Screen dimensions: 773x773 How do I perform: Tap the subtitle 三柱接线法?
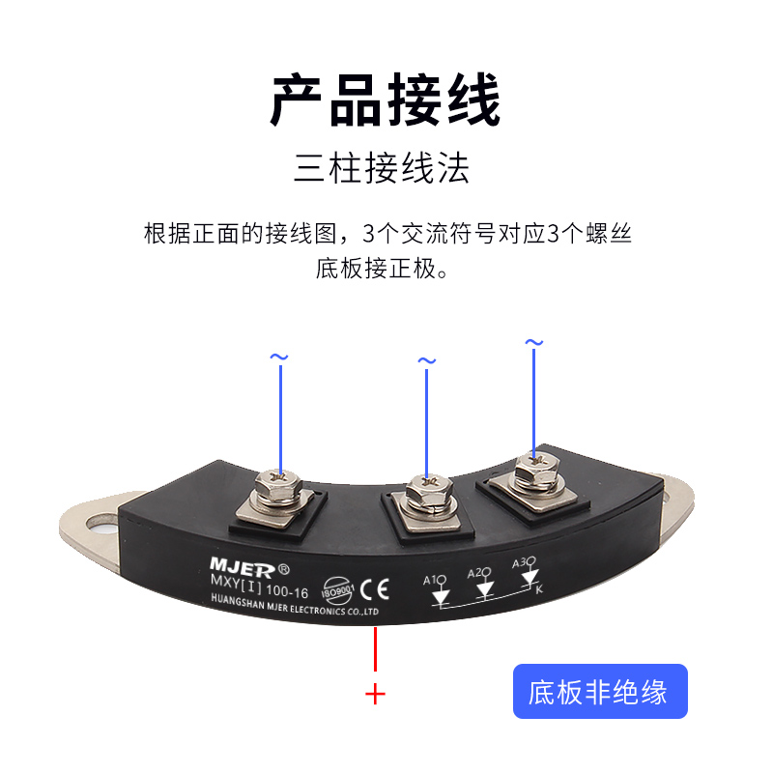coord(382,169)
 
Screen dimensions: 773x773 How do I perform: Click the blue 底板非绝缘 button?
coord(599,692)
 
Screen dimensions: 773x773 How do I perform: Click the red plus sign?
coord(375,694)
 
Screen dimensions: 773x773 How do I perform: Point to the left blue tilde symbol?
coord(278,358)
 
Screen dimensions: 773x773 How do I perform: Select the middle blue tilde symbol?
coord(426,361)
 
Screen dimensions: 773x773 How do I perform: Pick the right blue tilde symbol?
coord(533,343)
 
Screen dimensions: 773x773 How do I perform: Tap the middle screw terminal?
coord(425,495)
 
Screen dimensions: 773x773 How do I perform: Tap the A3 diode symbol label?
coord(522,561)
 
